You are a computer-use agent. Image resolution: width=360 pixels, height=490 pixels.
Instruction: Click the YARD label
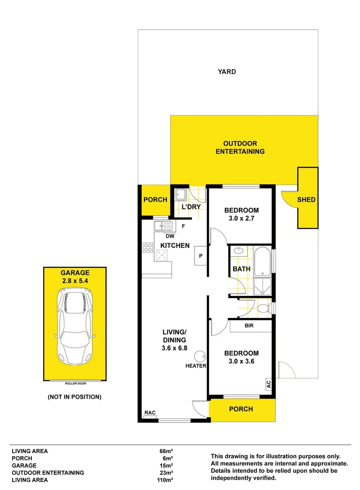point(227,72)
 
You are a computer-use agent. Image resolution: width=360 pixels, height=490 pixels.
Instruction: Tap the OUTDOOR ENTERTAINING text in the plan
point(240,148)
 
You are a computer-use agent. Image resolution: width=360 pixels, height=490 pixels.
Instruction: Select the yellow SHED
point(306,199)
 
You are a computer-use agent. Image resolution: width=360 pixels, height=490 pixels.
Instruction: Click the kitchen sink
point(163,225)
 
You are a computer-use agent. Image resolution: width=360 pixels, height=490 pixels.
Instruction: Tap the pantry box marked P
point(200,256)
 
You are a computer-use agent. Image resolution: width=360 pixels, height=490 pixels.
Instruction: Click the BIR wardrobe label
point(249,326)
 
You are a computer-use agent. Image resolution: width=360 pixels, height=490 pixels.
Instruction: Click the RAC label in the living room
point(150,412)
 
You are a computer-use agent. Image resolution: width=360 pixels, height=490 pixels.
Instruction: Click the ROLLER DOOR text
point(75,383)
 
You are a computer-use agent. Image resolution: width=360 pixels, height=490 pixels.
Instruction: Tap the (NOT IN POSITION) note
point(75,397)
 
